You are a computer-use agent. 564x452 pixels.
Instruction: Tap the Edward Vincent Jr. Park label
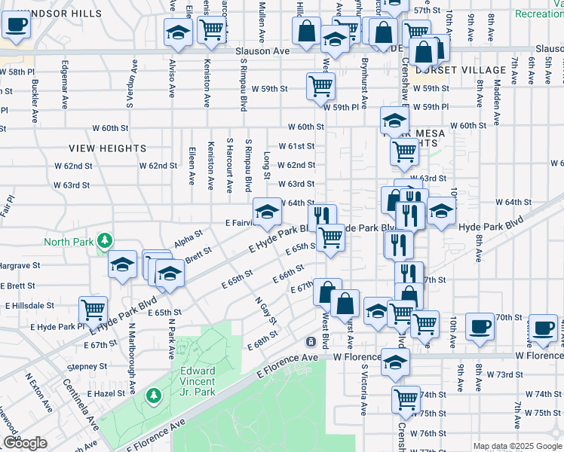[x=198, y=377]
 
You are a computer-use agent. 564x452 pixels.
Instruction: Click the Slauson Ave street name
[x=262, y=50]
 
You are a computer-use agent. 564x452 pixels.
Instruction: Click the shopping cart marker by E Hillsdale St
[x=93, y=308]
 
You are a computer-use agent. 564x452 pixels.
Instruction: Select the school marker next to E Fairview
[x=266, y=212]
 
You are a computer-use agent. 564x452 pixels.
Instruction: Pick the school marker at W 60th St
[x=394, y=120]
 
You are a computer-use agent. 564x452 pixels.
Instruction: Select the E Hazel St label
[x=106, y=394]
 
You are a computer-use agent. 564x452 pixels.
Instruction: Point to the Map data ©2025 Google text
[x=516, y=446]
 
